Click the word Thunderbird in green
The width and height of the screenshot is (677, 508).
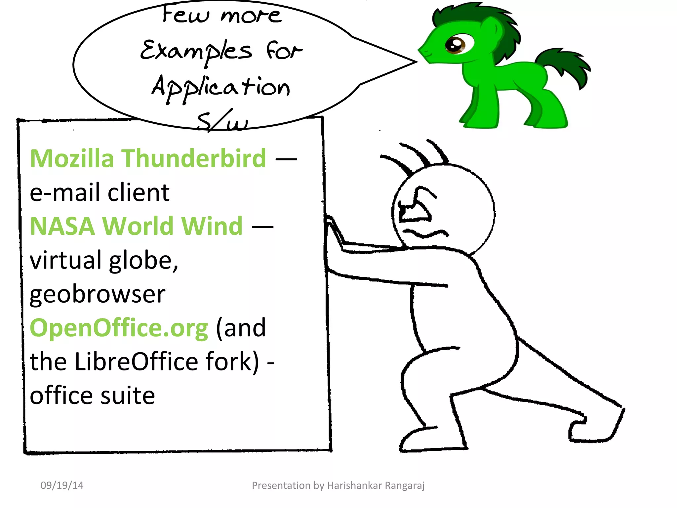pos(194,158)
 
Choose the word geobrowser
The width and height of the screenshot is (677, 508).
pos(98,294)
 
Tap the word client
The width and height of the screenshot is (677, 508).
pos(139,192)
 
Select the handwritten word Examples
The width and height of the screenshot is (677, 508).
pos(196,52)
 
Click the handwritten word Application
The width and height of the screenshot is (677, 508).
pos(221,87)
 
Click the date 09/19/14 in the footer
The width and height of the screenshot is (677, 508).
pos(62,485)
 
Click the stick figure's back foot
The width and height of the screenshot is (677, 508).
pos(595,430)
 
